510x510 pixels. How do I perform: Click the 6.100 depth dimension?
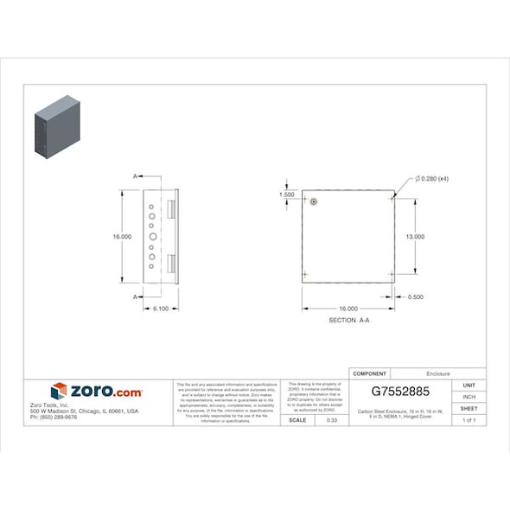click(x=161, y=309)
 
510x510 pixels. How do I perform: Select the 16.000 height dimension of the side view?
click(x=122, y=236)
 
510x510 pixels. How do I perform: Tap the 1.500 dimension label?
click(x=287, y=195)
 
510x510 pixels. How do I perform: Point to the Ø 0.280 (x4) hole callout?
click(x=431, y=178)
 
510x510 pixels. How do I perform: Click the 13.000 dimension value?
click(x=415, y=236)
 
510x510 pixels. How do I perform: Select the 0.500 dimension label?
click(x=415, y=296)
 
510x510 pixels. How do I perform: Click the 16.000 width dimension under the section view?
click(x=347, y=309)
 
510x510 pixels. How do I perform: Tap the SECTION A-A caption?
click(x=349, y=321)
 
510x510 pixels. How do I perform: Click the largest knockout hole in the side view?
click(x=152, y=236)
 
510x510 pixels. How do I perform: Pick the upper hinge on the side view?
click(x=171, y=210)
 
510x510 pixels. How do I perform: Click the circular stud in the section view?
click(x=314, y=201)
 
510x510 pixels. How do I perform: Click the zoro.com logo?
click(x=97, y=392)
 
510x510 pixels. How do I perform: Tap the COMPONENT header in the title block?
click(x=370, y=373)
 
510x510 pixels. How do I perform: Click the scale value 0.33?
click(x=332, y=420)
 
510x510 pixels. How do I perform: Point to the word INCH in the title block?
click(x=469, y=397)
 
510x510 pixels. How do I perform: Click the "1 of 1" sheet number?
click(x=469, y=420)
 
